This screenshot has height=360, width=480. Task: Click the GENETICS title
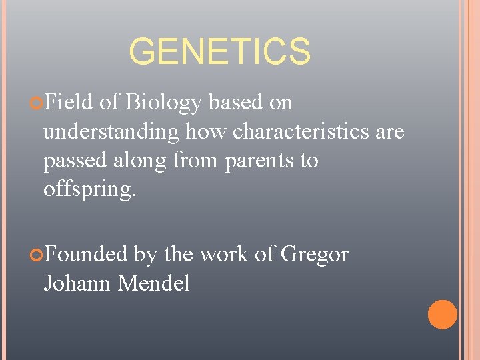pyautogui.click(x=219, y=52)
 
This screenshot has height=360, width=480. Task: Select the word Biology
pyautogui.click(x=163, y=102)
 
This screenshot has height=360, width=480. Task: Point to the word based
pyautogui.click(x=235, y=102)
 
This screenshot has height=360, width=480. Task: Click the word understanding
pyautogui.click(x=111, y=131)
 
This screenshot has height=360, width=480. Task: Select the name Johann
pyautogui.click(x=77, y=283)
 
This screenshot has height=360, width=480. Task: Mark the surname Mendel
pyautogui.click(x=154, y=283)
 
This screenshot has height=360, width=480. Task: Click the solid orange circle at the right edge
pyautogui.click(x=442, y=315)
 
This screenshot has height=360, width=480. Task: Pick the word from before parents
pyautogui.click(x=198, y=161)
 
